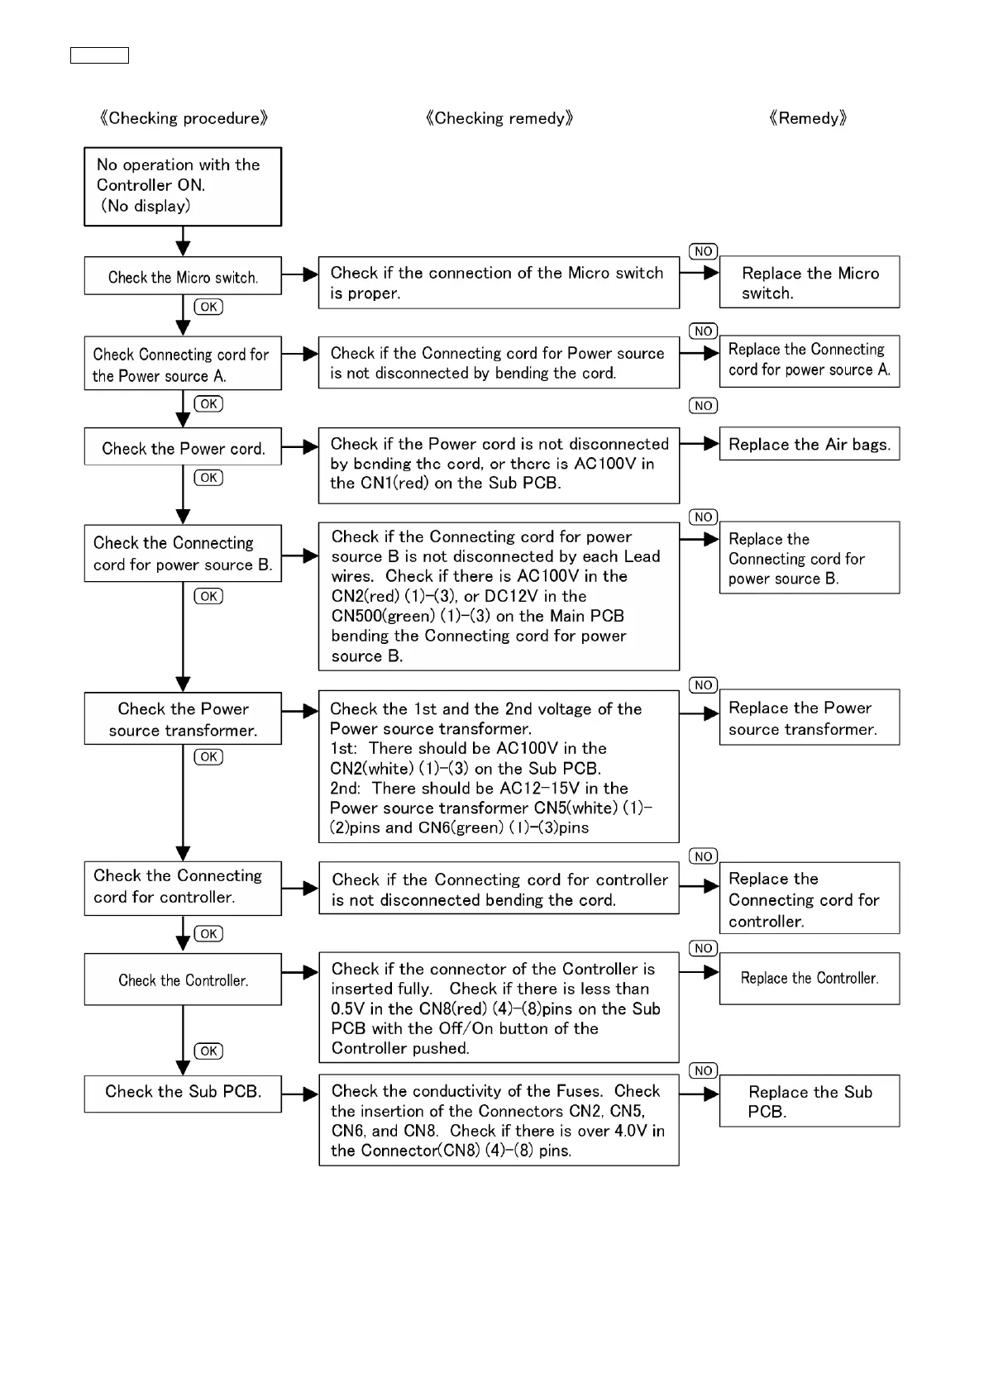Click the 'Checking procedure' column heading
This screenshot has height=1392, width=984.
pos(184,118)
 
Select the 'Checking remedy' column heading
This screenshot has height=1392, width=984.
pos(499,118)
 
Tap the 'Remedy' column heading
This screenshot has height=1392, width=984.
pos(808,118)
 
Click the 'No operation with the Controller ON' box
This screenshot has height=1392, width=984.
pos(183,186)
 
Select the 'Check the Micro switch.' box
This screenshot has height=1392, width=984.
pos(183,276)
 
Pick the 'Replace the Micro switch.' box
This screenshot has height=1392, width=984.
pos(810,283)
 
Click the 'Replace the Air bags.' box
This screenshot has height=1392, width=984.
pos(810,444)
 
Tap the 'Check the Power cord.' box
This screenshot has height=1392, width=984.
pos(183,447)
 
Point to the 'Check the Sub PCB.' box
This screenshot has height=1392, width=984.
pos(183,1093)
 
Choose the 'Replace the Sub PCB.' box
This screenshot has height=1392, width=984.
pos(810,1101)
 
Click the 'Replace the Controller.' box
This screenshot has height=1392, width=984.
pos(810,979)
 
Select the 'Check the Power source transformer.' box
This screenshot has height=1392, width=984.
pos(183,719)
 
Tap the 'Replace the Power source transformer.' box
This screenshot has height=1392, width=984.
pos(810,717)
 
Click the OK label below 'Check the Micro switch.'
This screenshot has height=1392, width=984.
pos(208,307)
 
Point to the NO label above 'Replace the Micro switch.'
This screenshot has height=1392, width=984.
pos(703,251)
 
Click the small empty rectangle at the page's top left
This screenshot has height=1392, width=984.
pos(99,55)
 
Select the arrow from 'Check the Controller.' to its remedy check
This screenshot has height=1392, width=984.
pos(300,972)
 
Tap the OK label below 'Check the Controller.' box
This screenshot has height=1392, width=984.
pos(208,1051)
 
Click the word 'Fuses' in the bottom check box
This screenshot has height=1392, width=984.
pos(578,1091)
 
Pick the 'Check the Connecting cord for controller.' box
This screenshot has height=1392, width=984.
pos(183,888)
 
